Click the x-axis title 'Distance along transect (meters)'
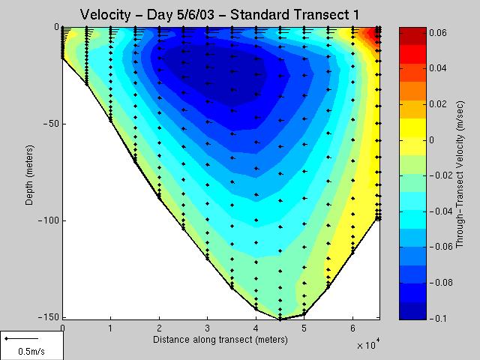(x=220, y=340)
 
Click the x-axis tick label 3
(x=208, y=328)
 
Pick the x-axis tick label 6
(x=352, y=328)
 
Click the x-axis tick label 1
(x=111, y=328)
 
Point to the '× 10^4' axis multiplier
(x=366, y=345)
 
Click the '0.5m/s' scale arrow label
(x=31, y=351)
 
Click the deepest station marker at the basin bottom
(x=280, y=319)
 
